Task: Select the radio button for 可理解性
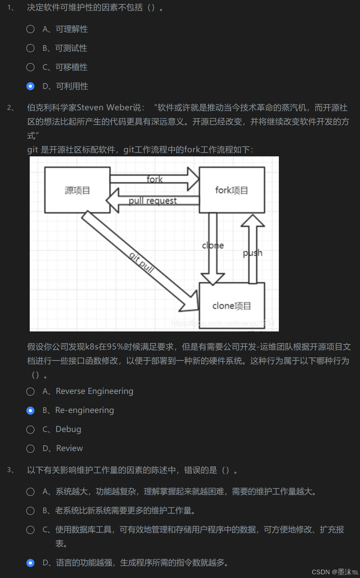click(30, 29)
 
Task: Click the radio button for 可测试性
click(30, 48)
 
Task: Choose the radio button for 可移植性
click(30, 67)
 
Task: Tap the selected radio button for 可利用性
click(30, 87)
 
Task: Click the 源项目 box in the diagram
click(77, 190)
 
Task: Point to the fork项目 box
click(232, 190)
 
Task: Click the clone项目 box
click(232, 306)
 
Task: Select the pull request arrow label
click(153, 200)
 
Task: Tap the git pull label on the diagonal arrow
click(142, 263)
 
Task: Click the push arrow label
click(252, 253)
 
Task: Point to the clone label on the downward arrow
click(213, 246)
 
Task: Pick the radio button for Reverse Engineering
click(30, 392)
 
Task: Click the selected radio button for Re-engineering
click(30, 411)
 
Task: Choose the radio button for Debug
click(30, 430)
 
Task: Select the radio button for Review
click(30, 449)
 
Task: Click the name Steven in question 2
click(90, 108)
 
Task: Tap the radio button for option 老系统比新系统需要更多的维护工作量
click(30, 511)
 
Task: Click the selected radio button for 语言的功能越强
click(30, 563)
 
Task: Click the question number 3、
click(11, 470)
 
